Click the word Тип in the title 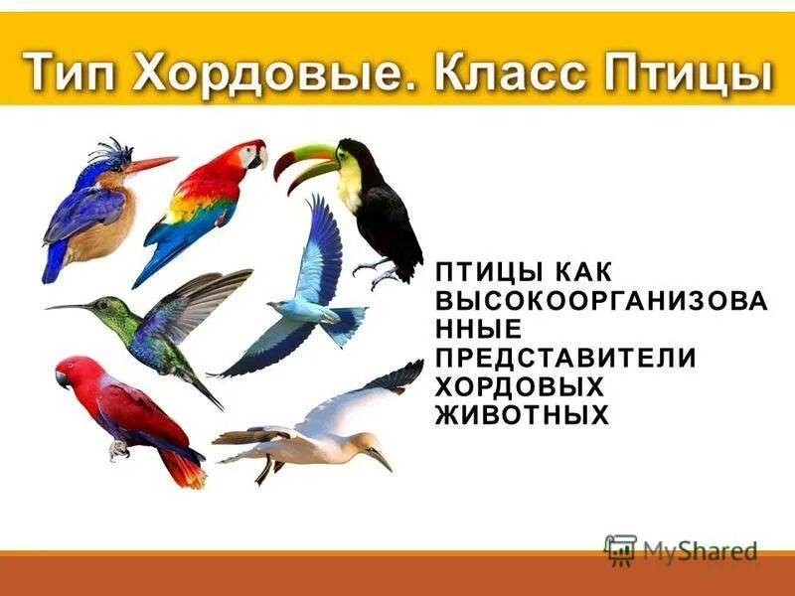72,73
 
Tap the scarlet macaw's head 250,154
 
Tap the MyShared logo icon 620,548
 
